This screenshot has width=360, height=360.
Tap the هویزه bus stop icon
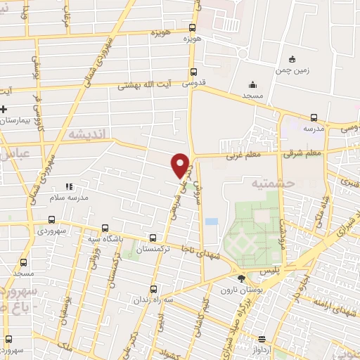193,28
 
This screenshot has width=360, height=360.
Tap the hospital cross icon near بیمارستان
4,110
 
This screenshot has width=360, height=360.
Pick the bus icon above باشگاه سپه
105,228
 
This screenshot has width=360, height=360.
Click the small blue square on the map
212,222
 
